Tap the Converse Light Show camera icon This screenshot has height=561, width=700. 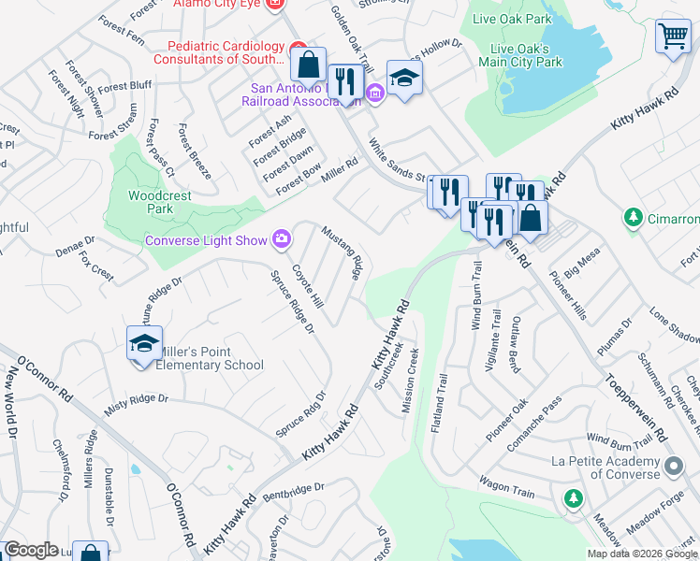(281, 240)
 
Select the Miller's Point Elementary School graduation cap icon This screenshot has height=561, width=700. (144, 343)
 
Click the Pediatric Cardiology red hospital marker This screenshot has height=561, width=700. (298, 49)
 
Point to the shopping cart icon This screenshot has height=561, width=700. (672, 37)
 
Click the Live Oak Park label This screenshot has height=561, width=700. (511, 19)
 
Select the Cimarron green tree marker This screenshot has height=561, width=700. (633, 218)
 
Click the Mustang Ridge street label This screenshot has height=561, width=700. (343, 252)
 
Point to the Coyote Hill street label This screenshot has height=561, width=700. (307, 286)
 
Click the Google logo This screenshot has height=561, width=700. (31, 550)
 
